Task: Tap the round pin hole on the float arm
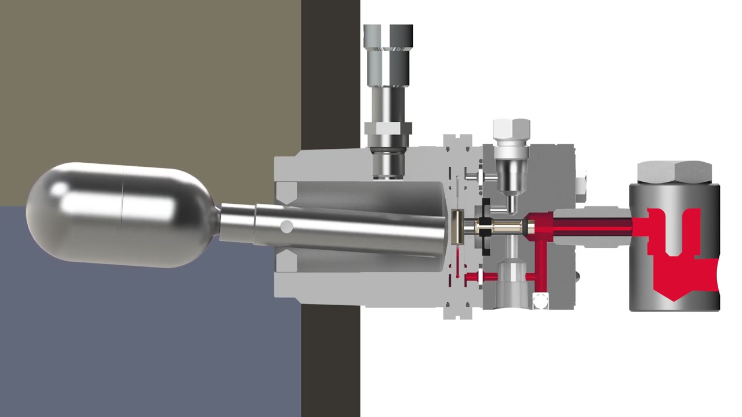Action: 287,226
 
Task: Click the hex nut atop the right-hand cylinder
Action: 674,172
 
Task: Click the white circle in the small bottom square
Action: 540,301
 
